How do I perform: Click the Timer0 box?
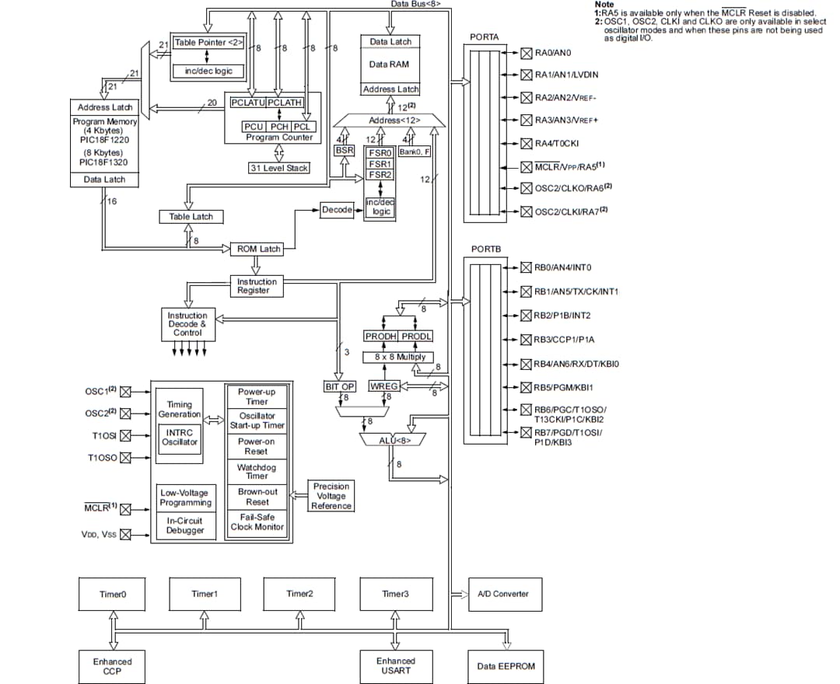[x=112, y=594]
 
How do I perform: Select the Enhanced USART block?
[x=395, y=666]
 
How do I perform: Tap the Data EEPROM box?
[x=506, y=666]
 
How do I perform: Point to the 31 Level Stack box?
[x=279, y=168]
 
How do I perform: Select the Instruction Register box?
[x=257, y=286]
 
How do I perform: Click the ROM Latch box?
[x=259, y=249]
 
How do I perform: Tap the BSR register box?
[x=344, y=150]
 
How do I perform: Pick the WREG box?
[x=383, y=386]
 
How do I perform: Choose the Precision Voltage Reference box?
[x=331, y=496]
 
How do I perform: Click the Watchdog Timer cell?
[x=257, y=471]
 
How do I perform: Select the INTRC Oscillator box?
[x=180, y=438]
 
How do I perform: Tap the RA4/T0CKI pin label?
[x=556, y=143]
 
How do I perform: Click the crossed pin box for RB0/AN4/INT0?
[x=527, y=267]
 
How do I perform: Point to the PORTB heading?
[x=486, y=249]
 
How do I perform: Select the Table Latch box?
[x=191, y=216]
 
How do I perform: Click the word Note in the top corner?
[x=604, y=5]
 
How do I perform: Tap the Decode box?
[x=337, y=210]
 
